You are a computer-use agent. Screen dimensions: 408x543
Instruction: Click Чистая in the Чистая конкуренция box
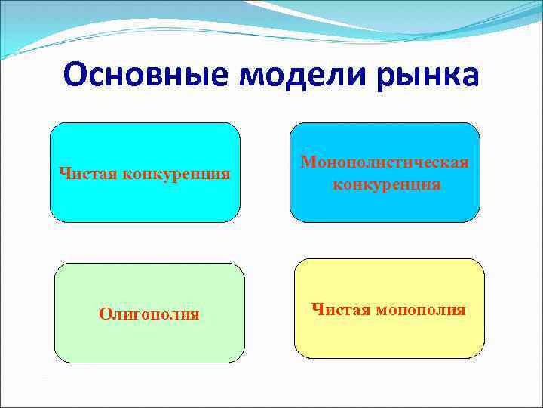pyautogui.click(x=84, y=174)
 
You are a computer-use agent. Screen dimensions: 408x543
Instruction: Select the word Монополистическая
pyautogui.click(x=385, y=162)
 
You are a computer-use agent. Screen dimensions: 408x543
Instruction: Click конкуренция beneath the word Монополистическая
pyautogui.click(x=386, y=184)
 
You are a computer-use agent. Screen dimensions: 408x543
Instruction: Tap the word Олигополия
pyautogui.click(x=149, y=314)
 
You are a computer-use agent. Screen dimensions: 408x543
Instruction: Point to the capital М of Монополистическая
pyautogui.click(x=308, y=162)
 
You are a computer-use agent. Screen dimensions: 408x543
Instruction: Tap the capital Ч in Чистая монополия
pyautogui.click(x=316, y=310)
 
